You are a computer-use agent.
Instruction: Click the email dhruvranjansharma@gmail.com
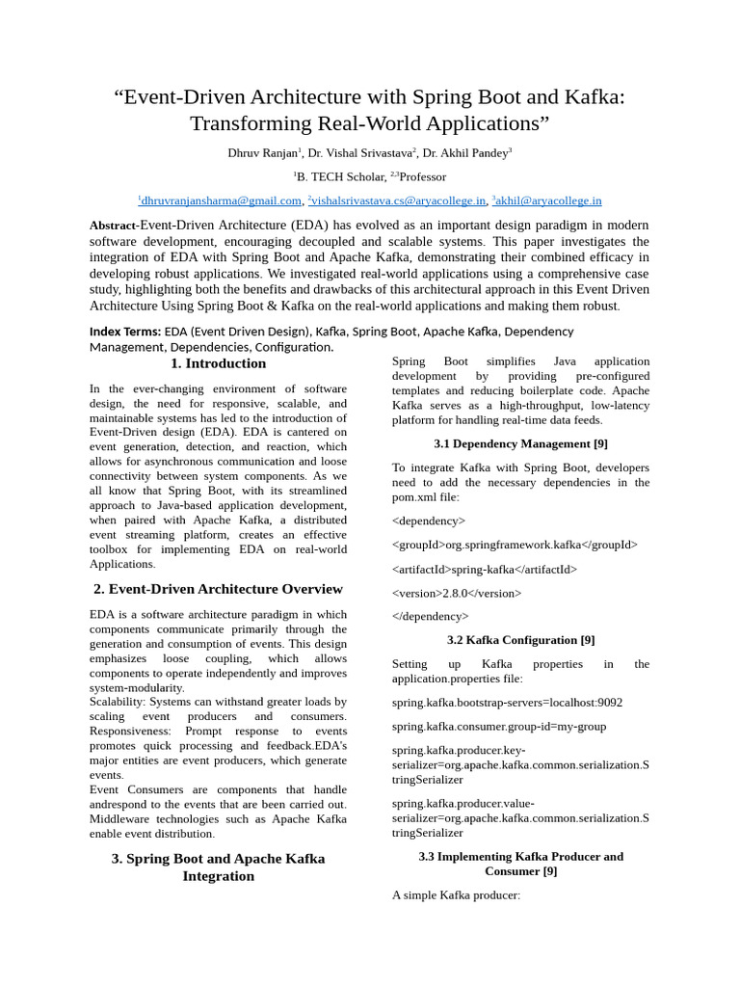[x=221, y=200]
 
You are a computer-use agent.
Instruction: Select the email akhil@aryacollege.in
[x=548, y=200]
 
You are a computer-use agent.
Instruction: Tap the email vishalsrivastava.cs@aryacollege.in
[x=398, y=200]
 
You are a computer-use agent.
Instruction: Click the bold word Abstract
[x=114, y=225]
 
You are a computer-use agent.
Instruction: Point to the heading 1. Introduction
[x=218, y=363]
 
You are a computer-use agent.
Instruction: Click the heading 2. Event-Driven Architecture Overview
[x=218, y=589]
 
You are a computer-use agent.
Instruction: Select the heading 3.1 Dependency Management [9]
[x=520, y=443]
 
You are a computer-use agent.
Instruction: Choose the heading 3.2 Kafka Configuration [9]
[x=520, y=640]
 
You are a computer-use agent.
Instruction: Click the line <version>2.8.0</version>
[x=457, y=593]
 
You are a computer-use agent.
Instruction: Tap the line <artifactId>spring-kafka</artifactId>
[x=485, y=569]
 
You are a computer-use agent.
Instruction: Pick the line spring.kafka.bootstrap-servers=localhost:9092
[x=507, y=703]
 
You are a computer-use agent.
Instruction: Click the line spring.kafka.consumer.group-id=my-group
[x=499, y=726]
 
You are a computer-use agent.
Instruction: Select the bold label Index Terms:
[x=125, y=332]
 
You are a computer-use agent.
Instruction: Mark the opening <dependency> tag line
[x=429, y=520]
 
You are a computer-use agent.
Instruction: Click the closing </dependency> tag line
[x=431, y=616]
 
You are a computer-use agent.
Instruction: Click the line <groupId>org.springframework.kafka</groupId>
[x=515, y=545]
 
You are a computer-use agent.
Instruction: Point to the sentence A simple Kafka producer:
[x=456, y=894]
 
